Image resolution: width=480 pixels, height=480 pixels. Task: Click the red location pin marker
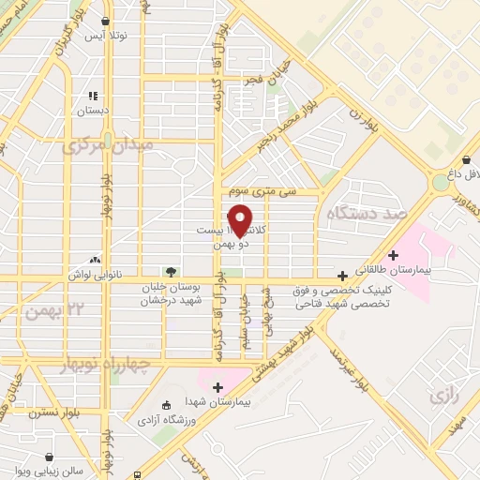(x=241, y=219)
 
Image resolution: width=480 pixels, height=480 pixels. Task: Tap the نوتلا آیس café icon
(x=105, y=22)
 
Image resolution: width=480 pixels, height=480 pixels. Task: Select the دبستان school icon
(x=93, y=95)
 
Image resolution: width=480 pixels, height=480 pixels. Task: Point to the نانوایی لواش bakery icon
(x=94, y=259)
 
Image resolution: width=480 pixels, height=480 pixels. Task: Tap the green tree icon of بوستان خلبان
(x=170, y=272)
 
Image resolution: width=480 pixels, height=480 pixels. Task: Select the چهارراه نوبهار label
(x=97, y=363)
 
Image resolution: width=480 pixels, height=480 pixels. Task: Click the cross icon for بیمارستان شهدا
(x=219, y=386)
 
